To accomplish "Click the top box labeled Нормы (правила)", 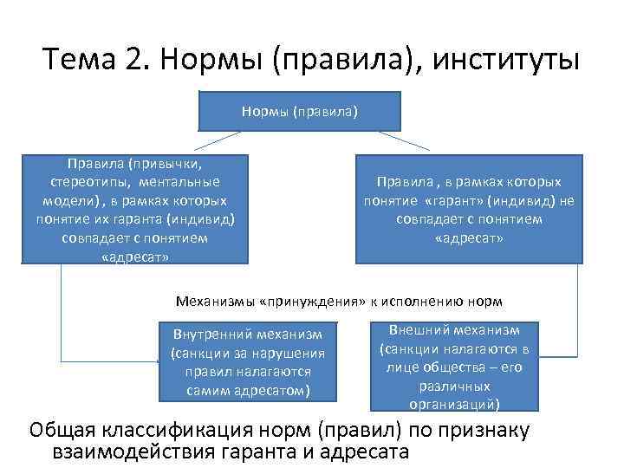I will point(299,110).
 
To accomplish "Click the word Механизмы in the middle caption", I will point(214,302).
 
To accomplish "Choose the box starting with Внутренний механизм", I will point(248,362).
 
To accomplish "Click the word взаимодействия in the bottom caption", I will point(146,452).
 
